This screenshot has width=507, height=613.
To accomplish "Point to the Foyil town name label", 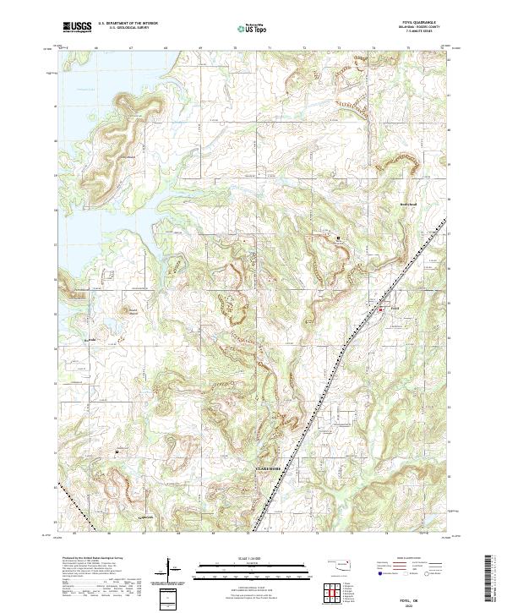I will pos(395,309).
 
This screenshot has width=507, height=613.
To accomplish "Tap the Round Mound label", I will pos(131,311).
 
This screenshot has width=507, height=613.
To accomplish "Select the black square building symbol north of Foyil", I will pos(338,238).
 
